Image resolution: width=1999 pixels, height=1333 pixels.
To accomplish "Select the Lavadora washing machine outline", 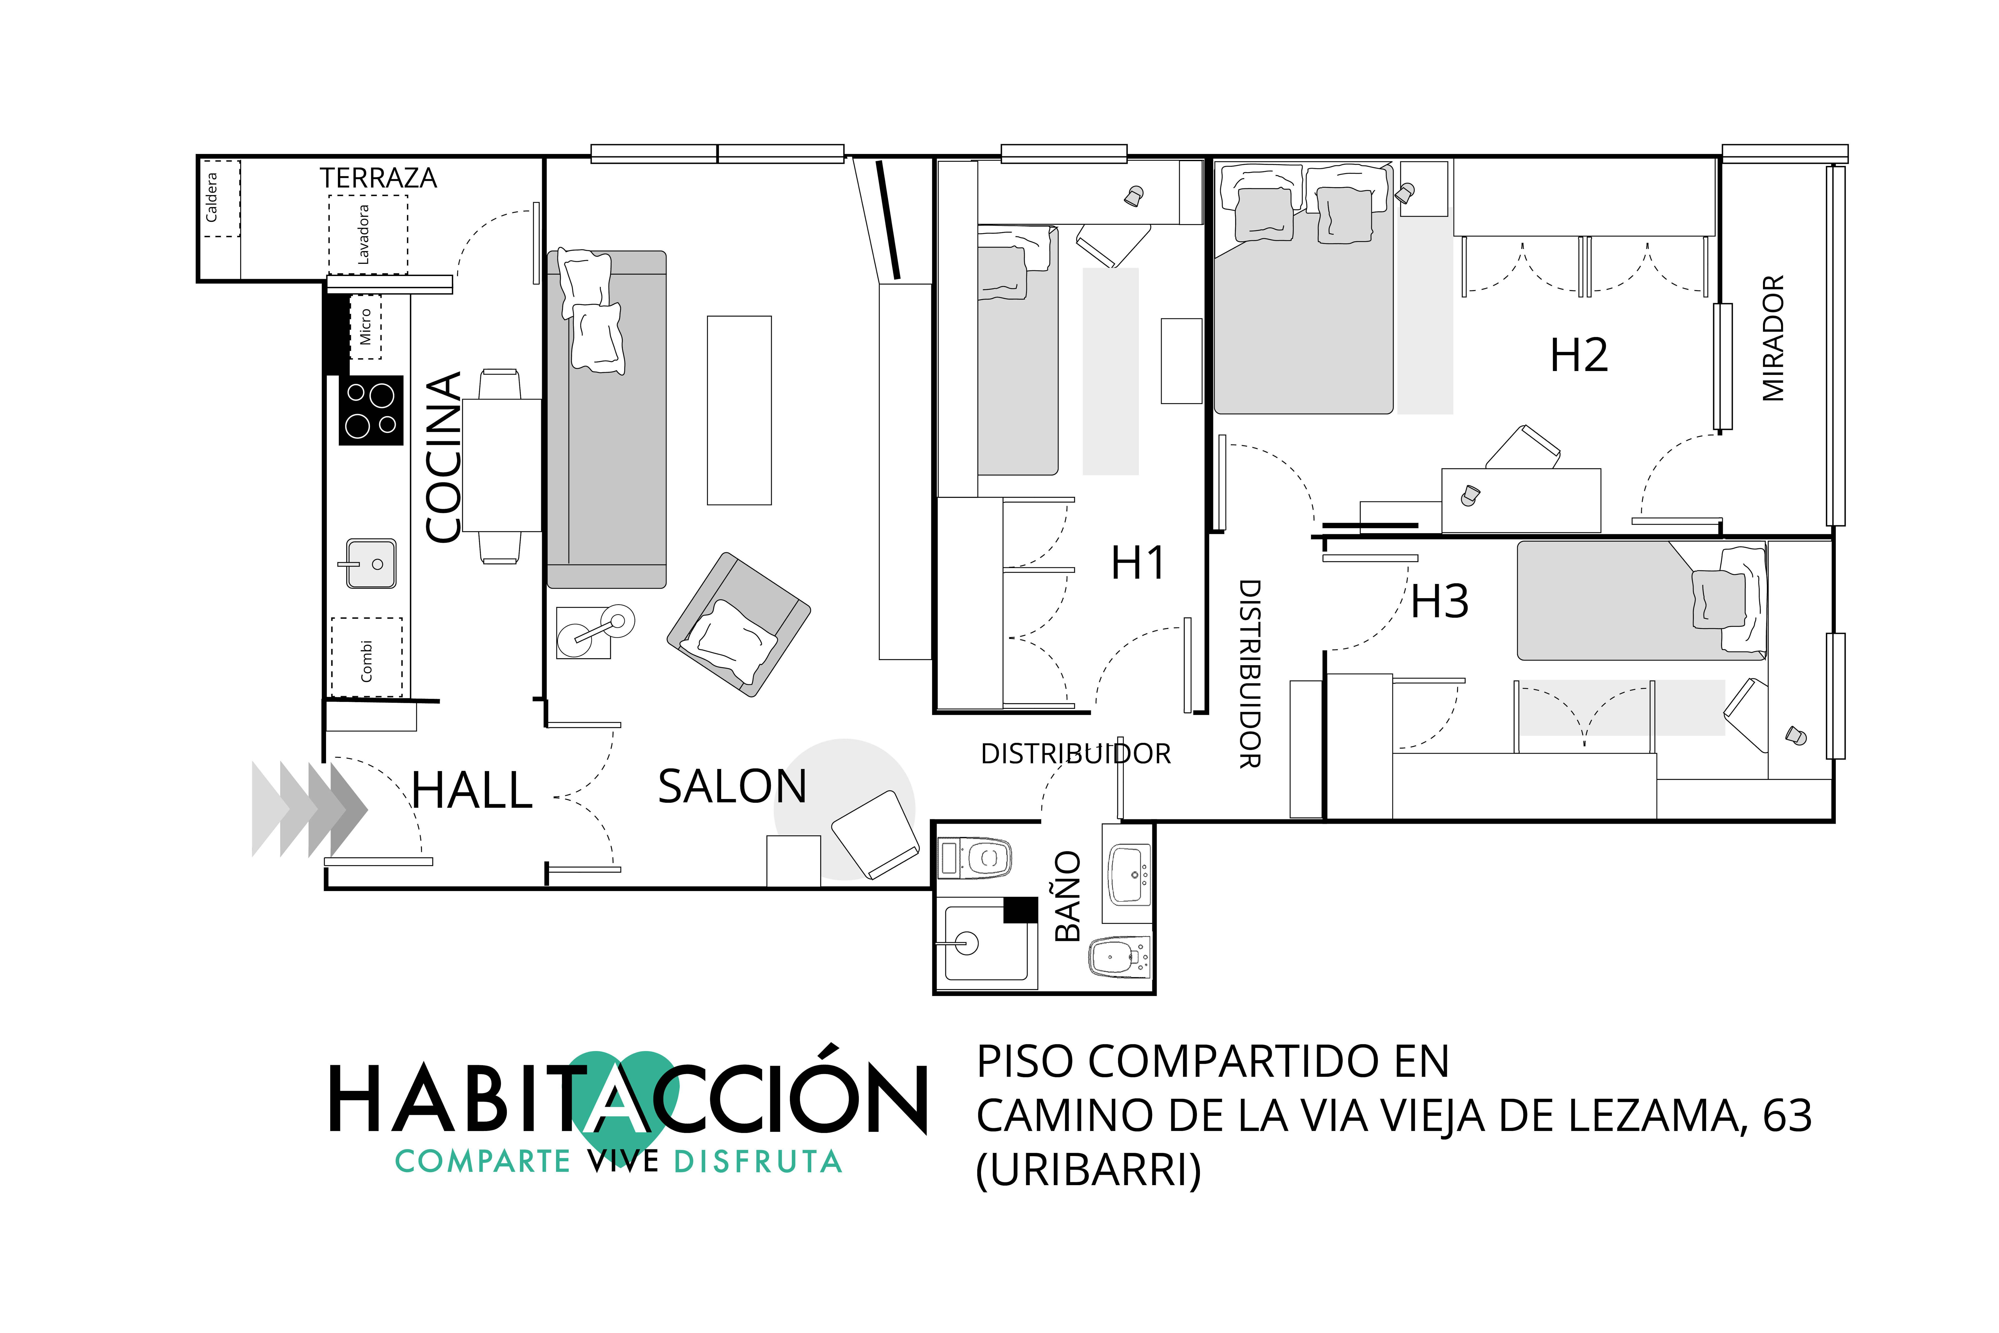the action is coord(368,235).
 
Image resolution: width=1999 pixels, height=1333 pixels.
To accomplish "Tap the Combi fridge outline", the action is coord(366,657).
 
